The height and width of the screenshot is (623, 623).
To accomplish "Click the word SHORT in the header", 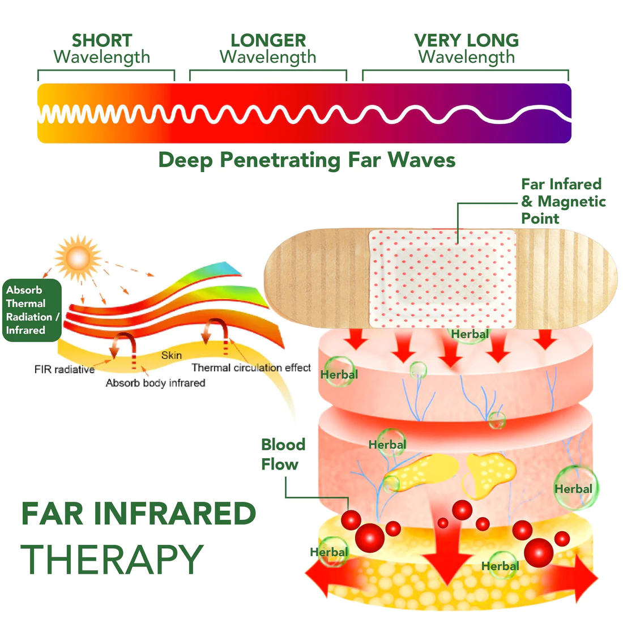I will [102, 41].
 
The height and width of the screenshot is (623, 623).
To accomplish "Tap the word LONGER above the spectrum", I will [268, 41].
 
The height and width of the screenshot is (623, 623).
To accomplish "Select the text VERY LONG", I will [466, 41].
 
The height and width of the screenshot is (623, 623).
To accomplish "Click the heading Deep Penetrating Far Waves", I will [306, 160].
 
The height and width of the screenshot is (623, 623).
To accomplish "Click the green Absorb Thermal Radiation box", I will [32, 310].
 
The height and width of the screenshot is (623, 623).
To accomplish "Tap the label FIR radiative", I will [64, 370].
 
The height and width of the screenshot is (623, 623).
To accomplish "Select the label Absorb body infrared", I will [155, 383].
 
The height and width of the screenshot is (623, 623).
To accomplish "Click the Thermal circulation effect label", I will [251, 368].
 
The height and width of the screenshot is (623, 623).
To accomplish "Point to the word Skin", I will [171, 355].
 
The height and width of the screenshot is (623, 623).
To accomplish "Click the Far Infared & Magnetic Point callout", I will [563, 201].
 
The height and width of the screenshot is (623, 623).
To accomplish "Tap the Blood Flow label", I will [283, 454].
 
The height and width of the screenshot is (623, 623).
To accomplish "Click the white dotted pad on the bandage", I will [442, 278].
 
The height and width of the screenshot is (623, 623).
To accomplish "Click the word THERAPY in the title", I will [112, 560].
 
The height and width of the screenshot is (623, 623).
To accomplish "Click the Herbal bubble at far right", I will [574, 489].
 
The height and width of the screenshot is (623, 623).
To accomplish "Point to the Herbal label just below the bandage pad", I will [470, 334].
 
